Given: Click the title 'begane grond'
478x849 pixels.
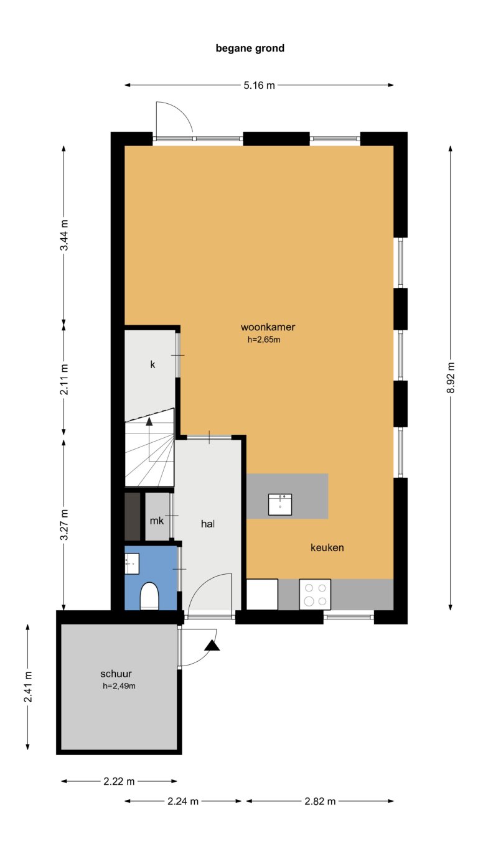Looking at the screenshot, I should point(250,48).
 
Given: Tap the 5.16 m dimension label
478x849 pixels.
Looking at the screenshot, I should point(259,86).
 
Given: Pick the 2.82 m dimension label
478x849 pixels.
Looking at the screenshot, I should point(319,801).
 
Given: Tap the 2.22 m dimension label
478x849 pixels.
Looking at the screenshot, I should point(119,781).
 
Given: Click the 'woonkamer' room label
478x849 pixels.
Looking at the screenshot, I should point(268,327).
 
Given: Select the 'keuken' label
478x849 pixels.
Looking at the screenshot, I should point(327,548).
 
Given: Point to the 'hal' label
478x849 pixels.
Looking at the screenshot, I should point(208,524).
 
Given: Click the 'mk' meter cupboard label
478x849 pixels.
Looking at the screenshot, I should point(156,520).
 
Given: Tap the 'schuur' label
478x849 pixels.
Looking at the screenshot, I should point(116,674).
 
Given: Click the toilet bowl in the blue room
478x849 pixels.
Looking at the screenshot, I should point(150,596).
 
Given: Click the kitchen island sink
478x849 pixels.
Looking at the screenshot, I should point(280,504).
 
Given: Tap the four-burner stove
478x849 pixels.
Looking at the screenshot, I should point(315,594).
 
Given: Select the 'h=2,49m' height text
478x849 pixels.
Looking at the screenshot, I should point(119,687).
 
